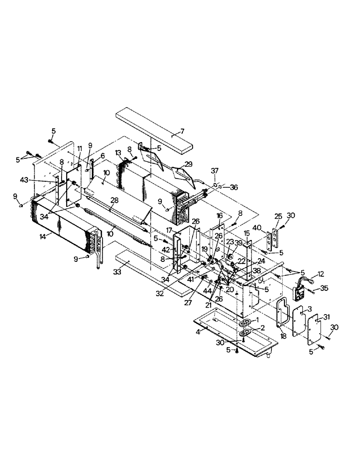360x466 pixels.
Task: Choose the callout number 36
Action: pyautogui.click(x=234, y=187)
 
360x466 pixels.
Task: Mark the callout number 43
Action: pyautogui.click(x=24, y=179)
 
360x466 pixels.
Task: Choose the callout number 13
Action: pyautogui.click(x=118, y=153)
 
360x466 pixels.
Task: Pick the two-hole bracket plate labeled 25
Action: pyautogui.click(x=275, y=238)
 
